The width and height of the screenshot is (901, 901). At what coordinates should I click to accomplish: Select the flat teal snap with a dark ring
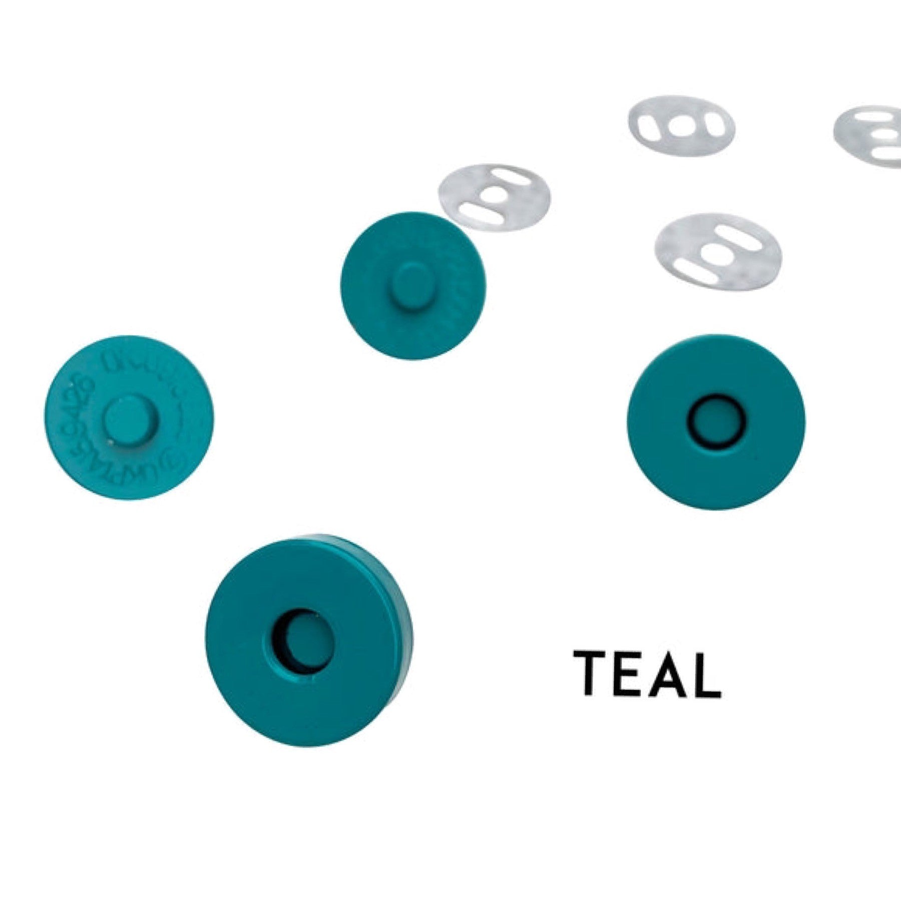pyautogui.click(x=716, y=422)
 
